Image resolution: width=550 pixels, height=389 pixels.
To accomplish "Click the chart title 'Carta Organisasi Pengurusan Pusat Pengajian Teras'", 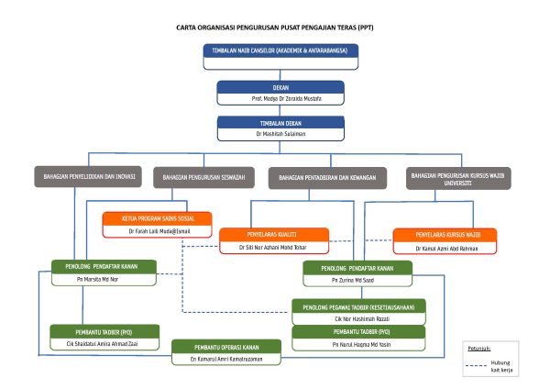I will pyautogui.click(x=275, y=28).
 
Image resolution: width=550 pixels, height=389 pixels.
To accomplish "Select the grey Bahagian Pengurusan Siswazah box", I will pyautogui.click(x=203, y=176).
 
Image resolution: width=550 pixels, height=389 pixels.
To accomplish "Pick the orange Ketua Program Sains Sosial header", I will pyautogui.click(x=156, y=219).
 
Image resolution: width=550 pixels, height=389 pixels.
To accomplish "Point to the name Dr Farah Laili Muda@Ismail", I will pyautogui.click(x=156, y=231).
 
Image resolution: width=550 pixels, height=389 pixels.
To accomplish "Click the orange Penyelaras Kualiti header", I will pyautogui.click(x=273, y=235).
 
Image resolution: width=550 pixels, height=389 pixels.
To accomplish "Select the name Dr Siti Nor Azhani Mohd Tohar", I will pyautogui.click(x=273, y=248).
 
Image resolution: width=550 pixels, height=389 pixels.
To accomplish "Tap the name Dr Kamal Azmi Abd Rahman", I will pyautogui.click(x=445, y=248).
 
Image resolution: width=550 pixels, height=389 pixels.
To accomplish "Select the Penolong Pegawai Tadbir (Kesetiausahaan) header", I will pyautogui.click(x=358, y=306).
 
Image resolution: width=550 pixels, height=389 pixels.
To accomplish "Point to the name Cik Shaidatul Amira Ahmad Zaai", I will pyautogui.click(x=104, y=343).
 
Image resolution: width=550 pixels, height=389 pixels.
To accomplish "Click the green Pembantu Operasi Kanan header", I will pyautogui.click(x=226, y=347).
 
